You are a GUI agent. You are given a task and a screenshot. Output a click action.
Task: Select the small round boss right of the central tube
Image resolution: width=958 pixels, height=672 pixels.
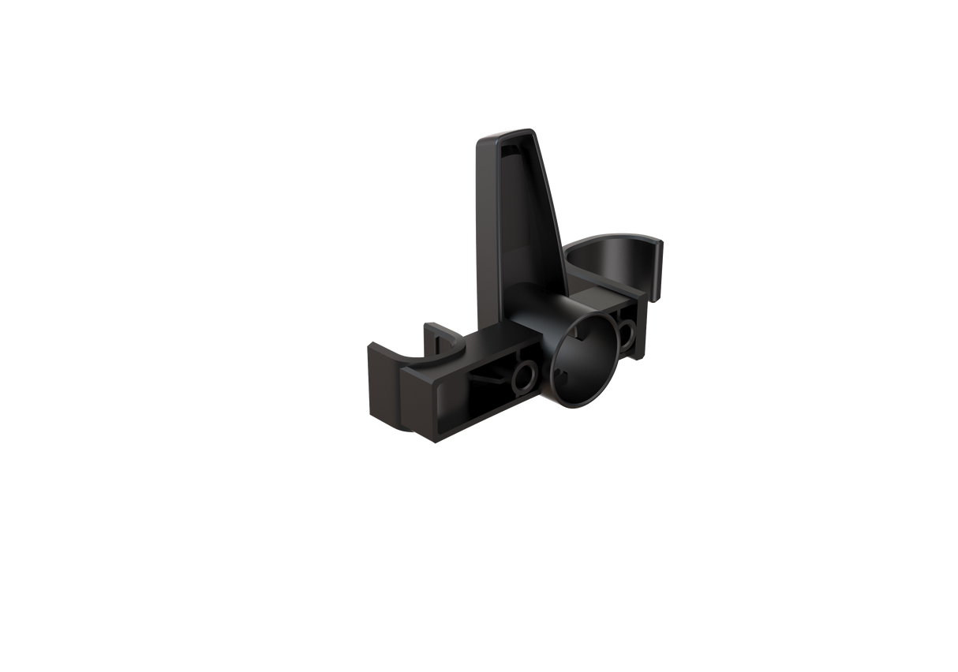coord(627,334)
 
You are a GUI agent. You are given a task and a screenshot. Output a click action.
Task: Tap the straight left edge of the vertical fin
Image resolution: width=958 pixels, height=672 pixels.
coord(477,237)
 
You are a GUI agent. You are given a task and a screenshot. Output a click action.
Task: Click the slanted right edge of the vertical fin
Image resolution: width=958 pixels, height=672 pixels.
coord(552,213)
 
